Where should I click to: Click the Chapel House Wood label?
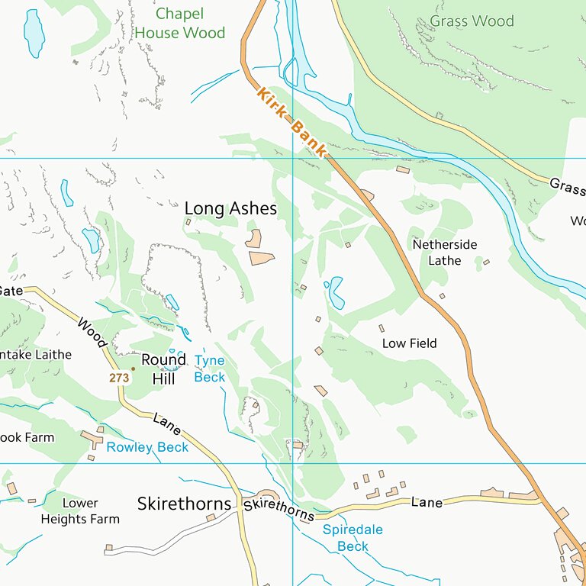coord(180,23)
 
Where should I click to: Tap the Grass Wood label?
coord(472,21)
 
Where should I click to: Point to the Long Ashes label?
coord(230,208)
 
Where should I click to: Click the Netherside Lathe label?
coord(445,253)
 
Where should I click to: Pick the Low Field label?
coord(409,343)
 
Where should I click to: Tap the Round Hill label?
coord(163,369)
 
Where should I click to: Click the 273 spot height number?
coord(118,378)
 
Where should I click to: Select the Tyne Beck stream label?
coord(210,368)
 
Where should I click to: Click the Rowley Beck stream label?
coord(147,447)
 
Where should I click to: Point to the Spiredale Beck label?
coord(353,538)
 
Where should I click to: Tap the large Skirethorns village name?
coord(184,504)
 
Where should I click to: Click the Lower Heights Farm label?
coord(80,511)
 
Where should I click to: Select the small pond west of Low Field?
coord(335,291)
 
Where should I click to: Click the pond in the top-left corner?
coord(34,34)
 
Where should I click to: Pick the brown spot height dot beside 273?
coord(133,369)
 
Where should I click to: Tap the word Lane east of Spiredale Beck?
coord(427,502)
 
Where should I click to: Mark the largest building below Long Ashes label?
coord(262,258)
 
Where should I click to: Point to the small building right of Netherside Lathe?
coord(486,262)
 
